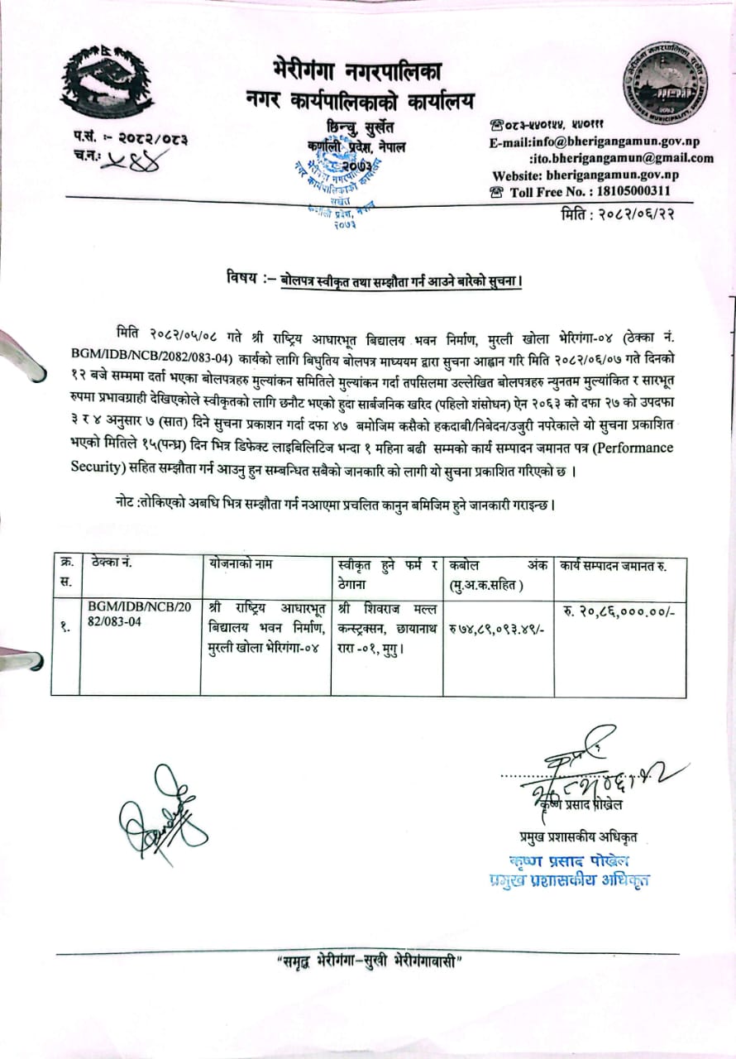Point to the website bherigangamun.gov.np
click(613, 175)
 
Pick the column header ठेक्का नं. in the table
click(114, 564)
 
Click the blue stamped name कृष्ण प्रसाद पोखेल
click(571, 860)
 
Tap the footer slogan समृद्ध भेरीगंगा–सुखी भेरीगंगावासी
click(368, 963)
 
